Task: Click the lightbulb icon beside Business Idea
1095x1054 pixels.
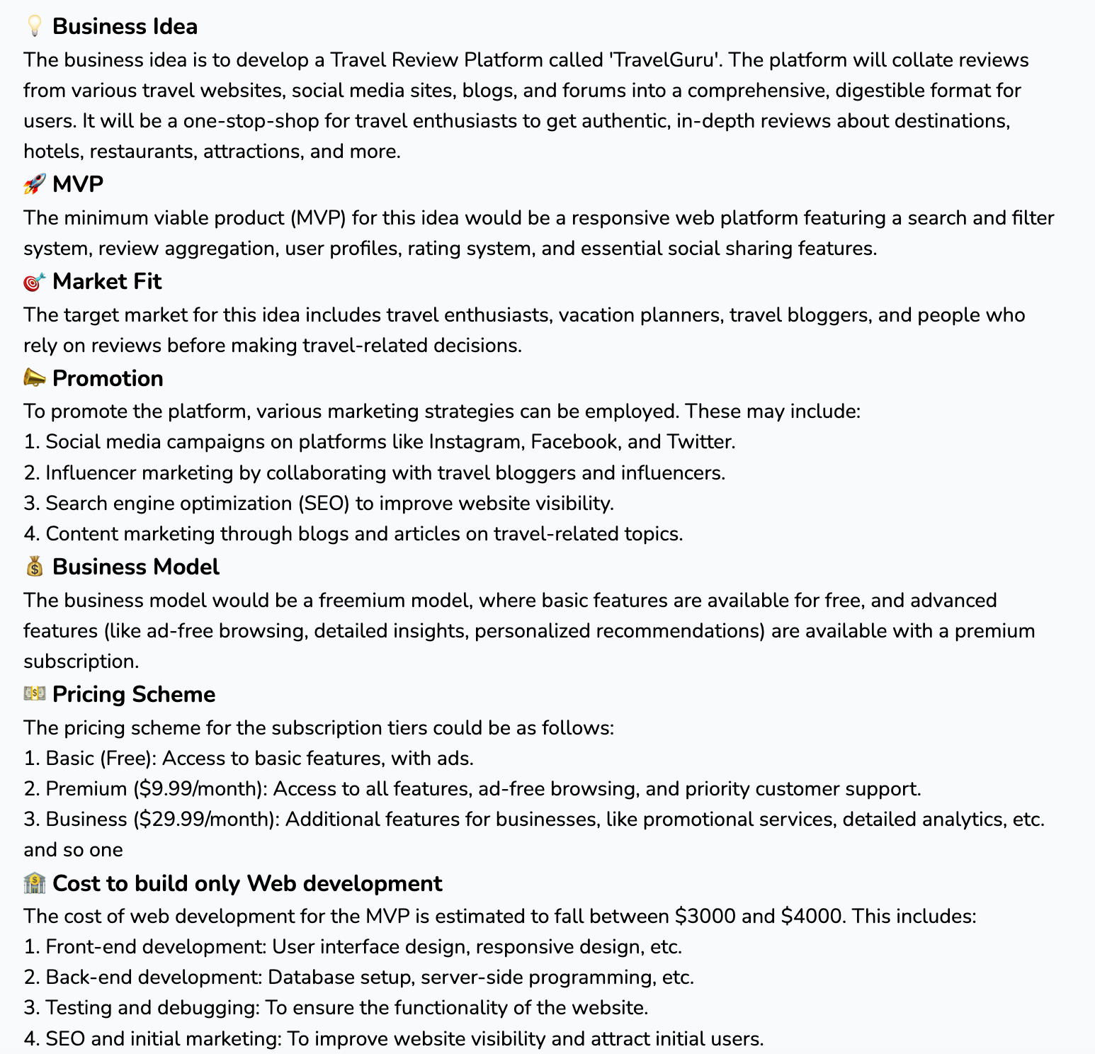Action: coord(34,26)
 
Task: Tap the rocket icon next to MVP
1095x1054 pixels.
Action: coord(34,184)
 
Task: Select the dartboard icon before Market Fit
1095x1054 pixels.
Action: coord(34,281)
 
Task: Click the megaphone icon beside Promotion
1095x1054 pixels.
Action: coord(34,378)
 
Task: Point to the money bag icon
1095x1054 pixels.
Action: coord(34,567)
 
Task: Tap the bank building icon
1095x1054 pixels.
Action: coord(34,883)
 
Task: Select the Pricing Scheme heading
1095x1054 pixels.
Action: coord(134,694)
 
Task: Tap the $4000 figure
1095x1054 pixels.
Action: coord(812,916)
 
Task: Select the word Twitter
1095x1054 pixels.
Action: coord(700,441)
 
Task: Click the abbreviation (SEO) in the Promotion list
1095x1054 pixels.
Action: coord(324,503)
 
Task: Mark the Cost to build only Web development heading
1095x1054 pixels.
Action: coord(247,883)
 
